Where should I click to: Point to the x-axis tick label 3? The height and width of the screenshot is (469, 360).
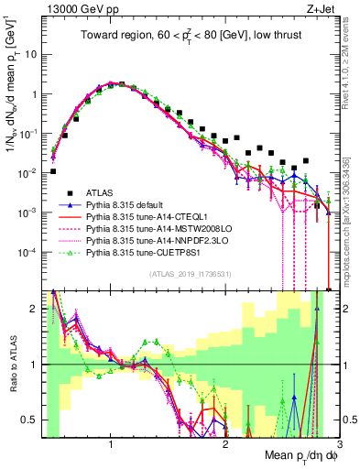(x=339, y=444)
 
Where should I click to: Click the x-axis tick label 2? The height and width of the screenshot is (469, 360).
(x=225, y=444)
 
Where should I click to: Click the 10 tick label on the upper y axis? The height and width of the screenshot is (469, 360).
(x=30, y=54)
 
